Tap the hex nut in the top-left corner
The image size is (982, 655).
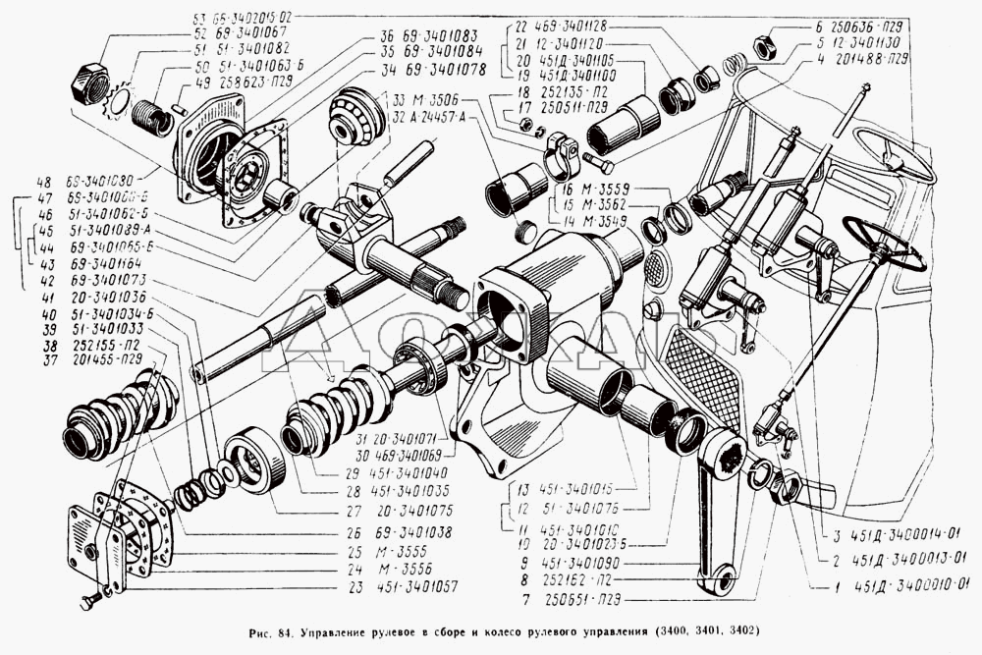coord(90,85)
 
